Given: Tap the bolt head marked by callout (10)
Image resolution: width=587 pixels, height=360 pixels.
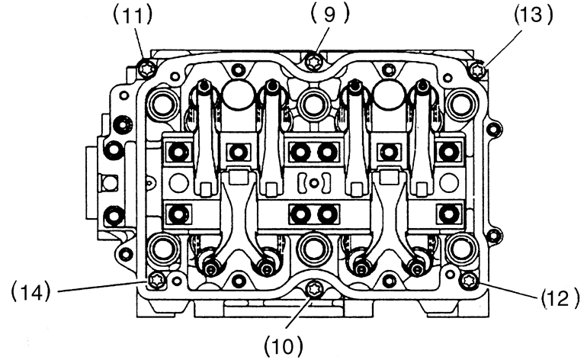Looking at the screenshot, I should point(313,290).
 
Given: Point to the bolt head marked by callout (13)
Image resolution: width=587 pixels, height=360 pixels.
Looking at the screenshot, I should point(478,71).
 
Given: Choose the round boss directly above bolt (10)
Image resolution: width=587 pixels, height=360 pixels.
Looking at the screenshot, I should point(312,248).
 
